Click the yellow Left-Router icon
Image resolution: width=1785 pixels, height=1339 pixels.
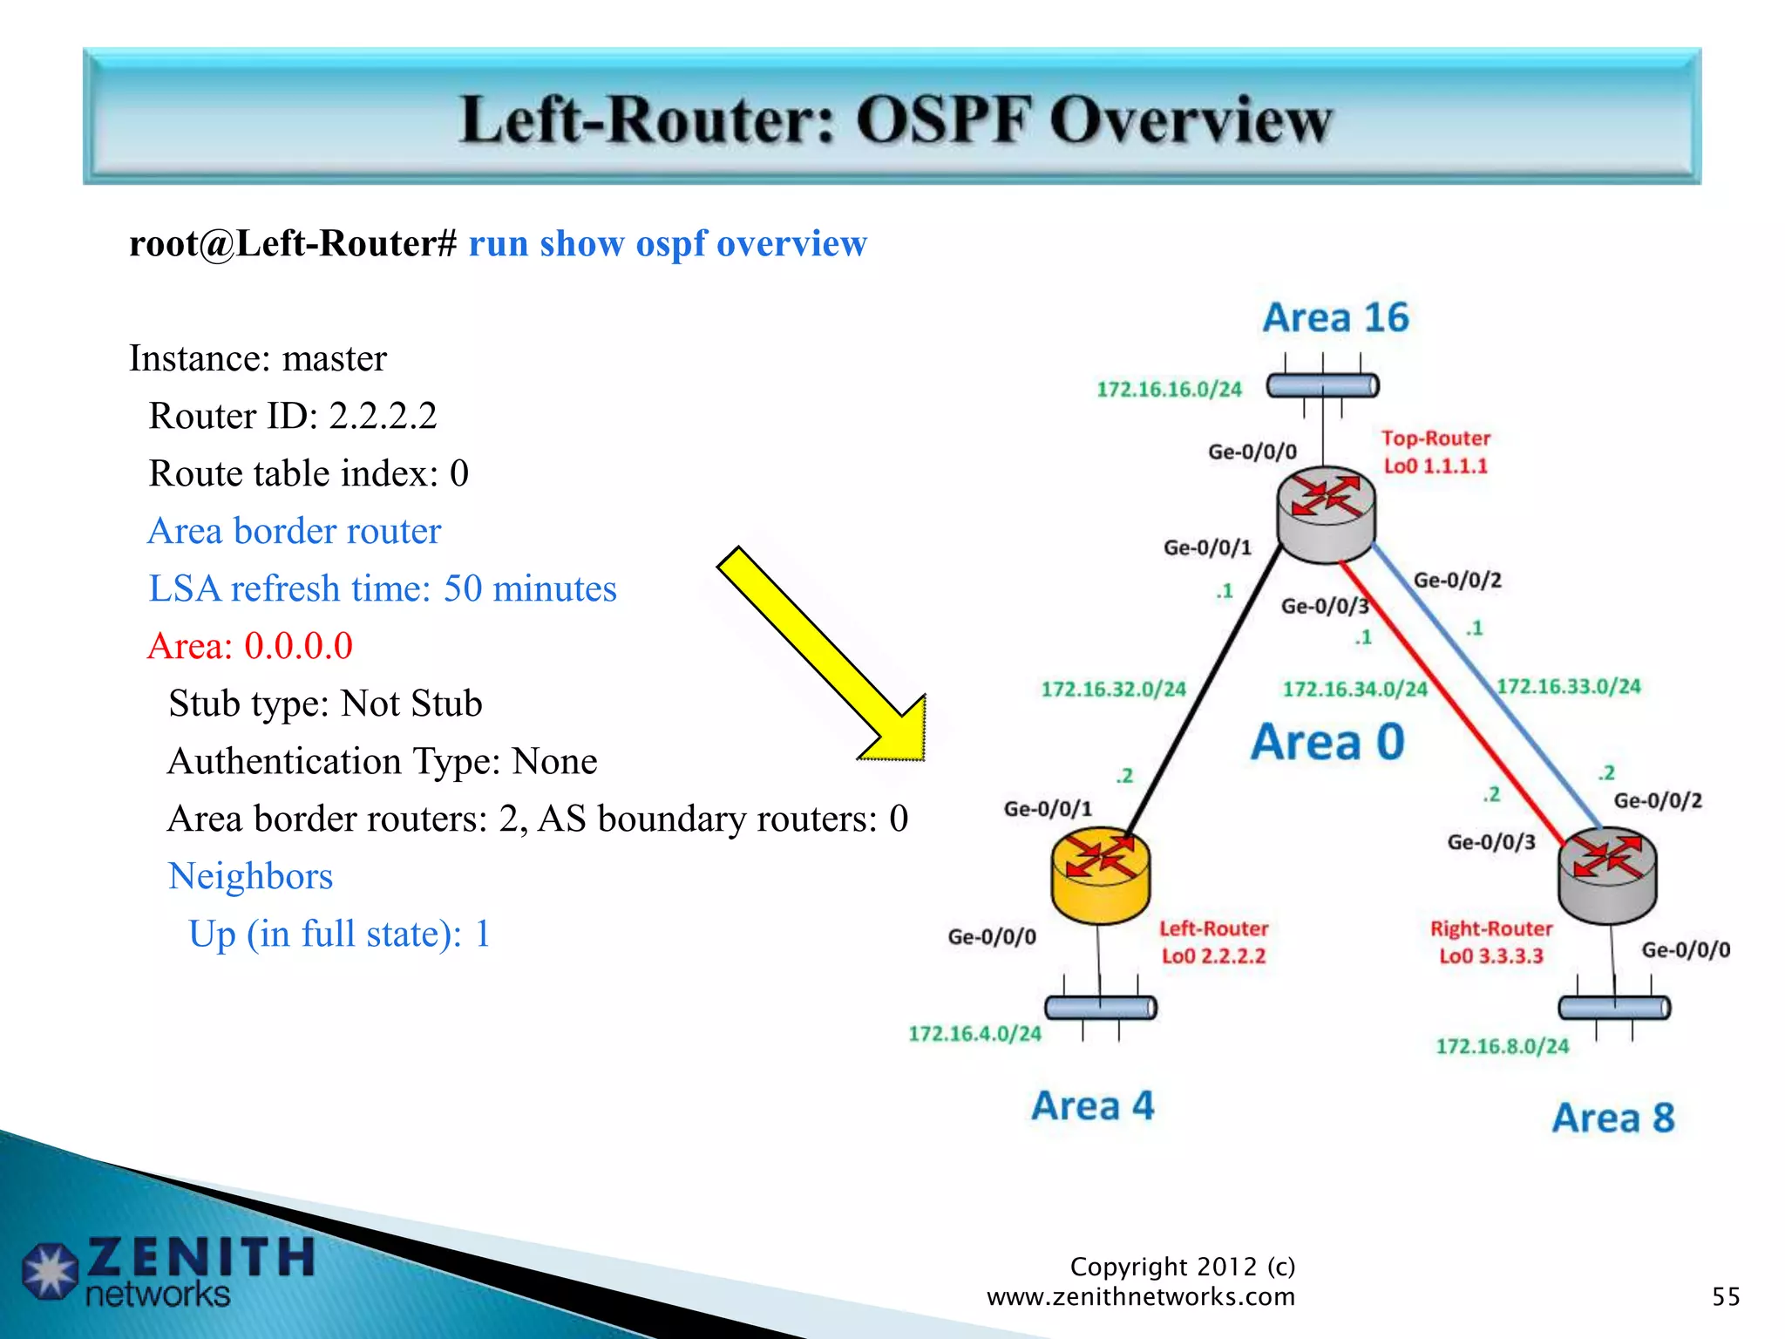coord(1100,874)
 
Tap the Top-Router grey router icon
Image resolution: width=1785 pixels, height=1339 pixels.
coord(1326,514)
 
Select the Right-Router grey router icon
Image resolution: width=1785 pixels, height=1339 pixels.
coord(1606,874)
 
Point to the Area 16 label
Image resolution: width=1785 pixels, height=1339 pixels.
coord(1335,317)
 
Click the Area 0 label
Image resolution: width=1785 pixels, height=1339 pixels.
coord(1327,742)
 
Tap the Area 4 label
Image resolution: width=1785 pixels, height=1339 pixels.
coord(1092,1105)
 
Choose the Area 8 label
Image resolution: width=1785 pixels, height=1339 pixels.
coord(1612,1118)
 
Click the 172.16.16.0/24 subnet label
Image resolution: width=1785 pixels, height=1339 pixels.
coord(1168,389)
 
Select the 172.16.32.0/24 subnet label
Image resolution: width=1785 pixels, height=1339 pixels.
coord(1113,690)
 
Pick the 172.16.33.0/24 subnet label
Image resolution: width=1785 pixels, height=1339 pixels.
coord(1568,686)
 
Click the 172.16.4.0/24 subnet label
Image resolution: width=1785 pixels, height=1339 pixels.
coord(974,1034)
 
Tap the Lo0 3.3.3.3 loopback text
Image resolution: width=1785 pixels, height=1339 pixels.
coord(1490,956)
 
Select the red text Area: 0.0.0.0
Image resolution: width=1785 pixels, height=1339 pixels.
coord(250,646)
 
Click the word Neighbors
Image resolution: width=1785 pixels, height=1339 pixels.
coord(250,876)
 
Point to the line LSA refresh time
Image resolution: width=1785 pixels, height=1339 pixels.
coord(382,588)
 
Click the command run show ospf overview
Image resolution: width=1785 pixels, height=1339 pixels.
coord(668,243)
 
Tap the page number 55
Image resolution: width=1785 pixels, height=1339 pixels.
coord(1725,1296)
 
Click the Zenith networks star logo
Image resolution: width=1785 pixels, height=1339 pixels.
coord(50,1270)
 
